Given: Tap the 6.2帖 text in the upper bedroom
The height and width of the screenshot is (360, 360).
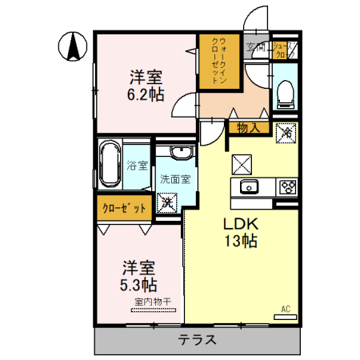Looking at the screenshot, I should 146,94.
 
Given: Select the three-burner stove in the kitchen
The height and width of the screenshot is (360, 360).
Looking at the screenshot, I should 286,188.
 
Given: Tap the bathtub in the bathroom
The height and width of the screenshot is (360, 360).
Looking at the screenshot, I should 110,165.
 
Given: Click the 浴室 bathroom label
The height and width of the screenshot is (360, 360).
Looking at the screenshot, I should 137,166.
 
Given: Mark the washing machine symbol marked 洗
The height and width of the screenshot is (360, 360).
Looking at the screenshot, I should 168,202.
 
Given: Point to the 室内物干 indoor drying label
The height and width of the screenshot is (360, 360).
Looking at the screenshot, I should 151,301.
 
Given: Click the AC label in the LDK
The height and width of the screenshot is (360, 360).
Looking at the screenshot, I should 285,309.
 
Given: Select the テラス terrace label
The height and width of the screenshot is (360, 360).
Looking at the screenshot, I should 197,339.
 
